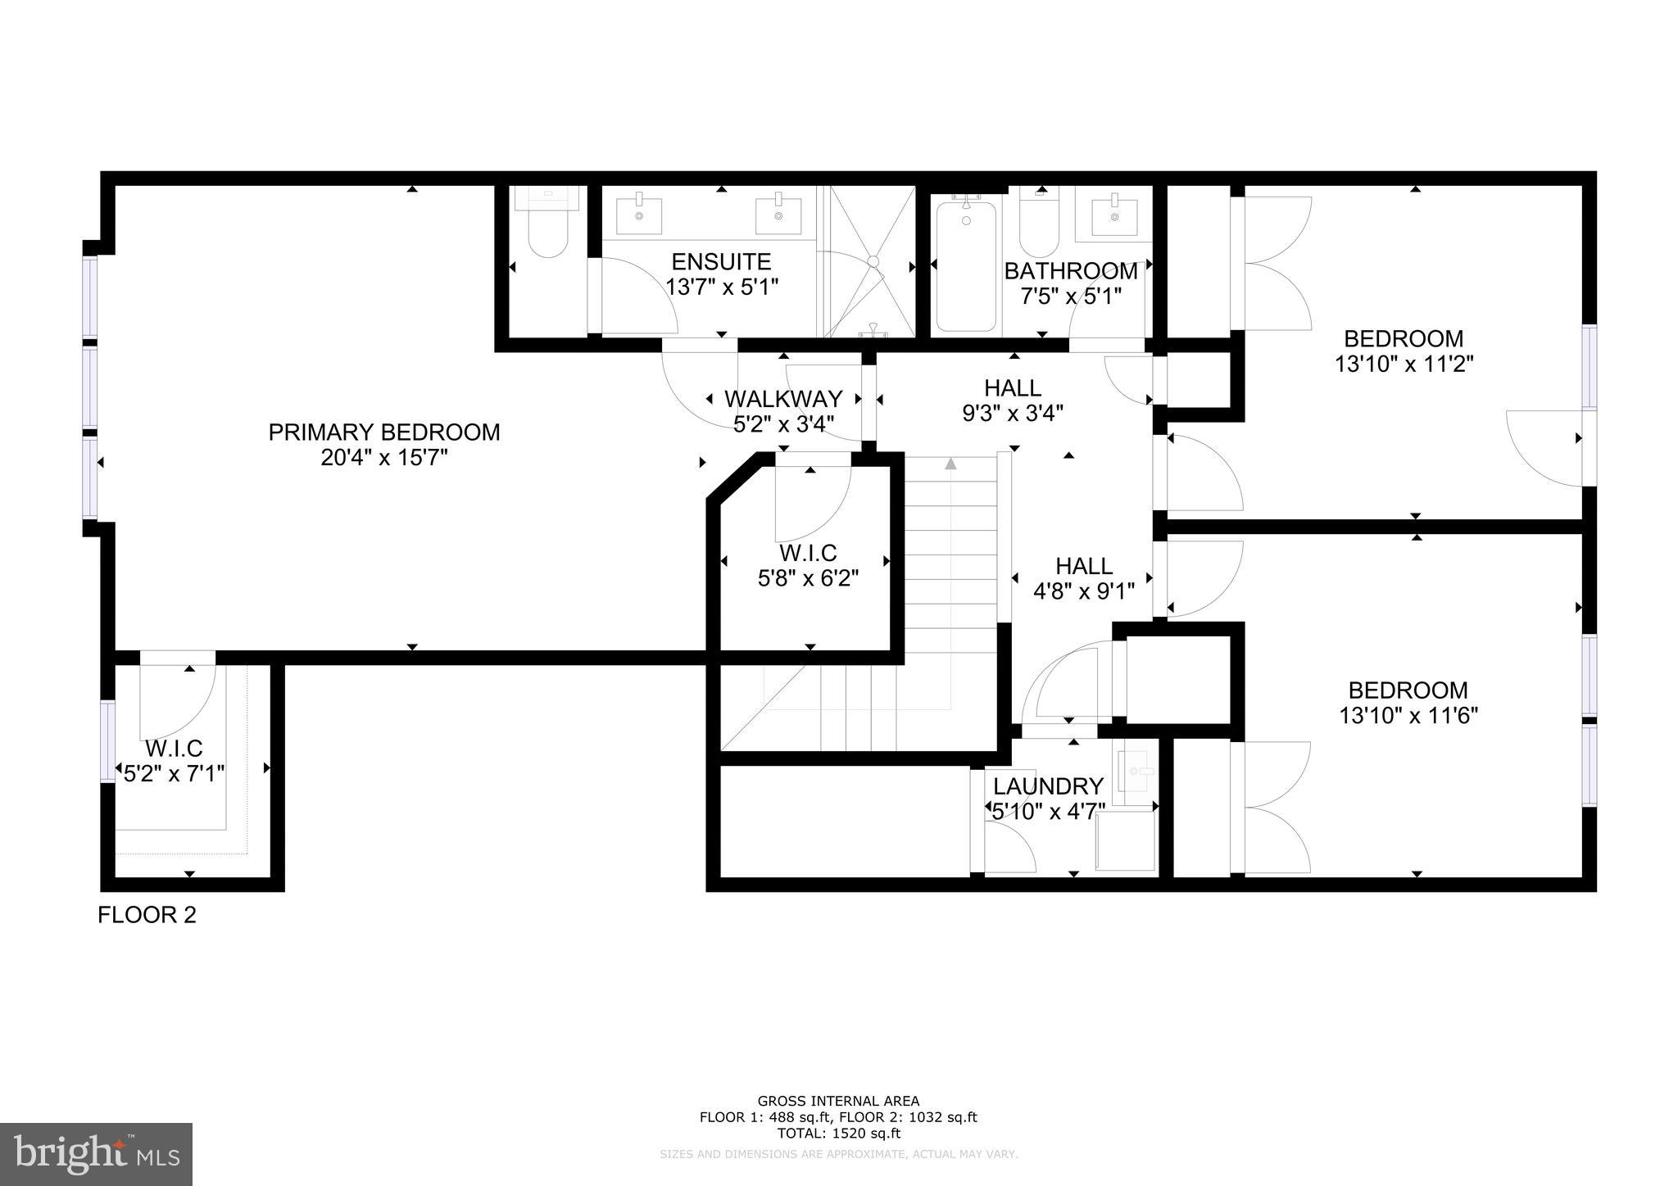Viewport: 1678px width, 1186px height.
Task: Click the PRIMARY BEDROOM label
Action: [383, 432]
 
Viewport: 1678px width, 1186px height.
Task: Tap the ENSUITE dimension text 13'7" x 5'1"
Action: [721, 287]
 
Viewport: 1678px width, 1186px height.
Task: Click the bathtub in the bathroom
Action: [966, 266]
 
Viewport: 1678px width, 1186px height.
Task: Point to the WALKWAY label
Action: [782, 399]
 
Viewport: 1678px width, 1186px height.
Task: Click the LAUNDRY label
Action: [1048, 786]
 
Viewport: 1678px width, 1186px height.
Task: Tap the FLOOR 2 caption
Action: [147, 915]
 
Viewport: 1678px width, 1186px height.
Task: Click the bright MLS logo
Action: [96, 1154]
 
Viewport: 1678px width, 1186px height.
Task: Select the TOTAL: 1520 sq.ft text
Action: [838, 1134]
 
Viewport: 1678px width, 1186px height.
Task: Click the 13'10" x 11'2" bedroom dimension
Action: [1404, 364]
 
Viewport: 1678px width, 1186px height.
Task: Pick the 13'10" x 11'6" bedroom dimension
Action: [1408, 716]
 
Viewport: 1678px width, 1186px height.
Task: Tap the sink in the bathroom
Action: [1113, 215]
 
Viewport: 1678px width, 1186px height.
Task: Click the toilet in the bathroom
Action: [1041, 229]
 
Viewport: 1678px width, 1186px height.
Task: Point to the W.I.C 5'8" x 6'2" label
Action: [807, 566]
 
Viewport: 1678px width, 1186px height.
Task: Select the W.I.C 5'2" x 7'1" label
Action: [174, 761]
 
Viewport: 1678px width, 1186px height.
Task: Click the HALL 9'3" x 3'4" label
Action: [1013, 401]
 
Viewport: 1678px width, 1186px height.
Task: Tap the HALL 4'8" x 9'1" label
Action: [1083, 578]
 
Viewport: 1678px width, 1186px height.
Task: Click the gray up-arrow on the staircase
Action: [950, 464]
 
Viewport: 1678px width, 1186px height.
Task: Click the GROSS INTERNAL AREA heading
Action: [838, 1101]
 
